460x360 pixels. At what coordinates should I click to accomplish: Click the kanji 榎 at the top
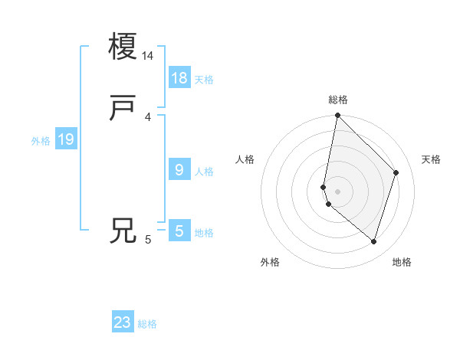click(x=123, y=45)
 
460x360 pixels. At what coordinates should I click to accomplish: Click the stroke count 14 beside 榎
click(x=148, y=56)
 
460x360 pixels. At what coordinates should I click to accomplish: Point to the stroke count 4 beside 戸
click(x=148, y=117)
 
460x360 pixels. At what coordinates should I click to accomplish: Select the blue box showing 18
click(x=179, y=77)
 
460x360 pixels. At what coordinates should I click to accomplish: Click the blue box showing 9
click(x=179, y=169)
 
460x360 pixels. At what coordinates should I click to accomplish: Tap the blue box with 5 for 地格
click(x=179, y=231)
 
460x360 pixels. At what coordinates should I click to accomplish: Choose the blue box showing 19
click(x=66, y=139)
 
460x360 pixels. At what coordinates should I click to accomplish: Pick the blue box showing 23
click(x=123, y=322)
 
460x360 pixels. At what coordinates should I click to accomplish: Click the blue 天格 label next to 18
click(x=204, y=80)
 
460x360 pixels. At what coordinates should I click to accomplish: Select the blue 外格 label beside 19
click(x=41, y=141)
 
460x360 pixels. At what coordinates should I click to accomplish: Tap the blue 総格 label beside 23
click(x=147, y=324)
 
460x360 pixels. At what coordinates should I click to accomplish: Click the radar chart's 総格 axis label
click(x=338, y=100)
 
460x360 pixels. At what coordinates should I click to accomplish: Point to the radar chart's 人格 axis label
click(x=245, y=159)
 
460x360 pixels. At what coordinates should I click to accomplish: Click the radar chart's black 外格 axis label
click(x=270, y=262)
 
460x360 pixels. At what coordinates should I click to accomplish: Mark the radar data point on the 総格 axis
click(x=338, y=116)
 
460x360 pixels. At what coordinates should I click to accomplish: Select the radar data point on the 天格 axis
click(x=396, y=172)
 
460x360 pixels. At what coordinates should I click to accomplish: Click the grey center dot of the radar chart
click(x=338, y=191)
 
